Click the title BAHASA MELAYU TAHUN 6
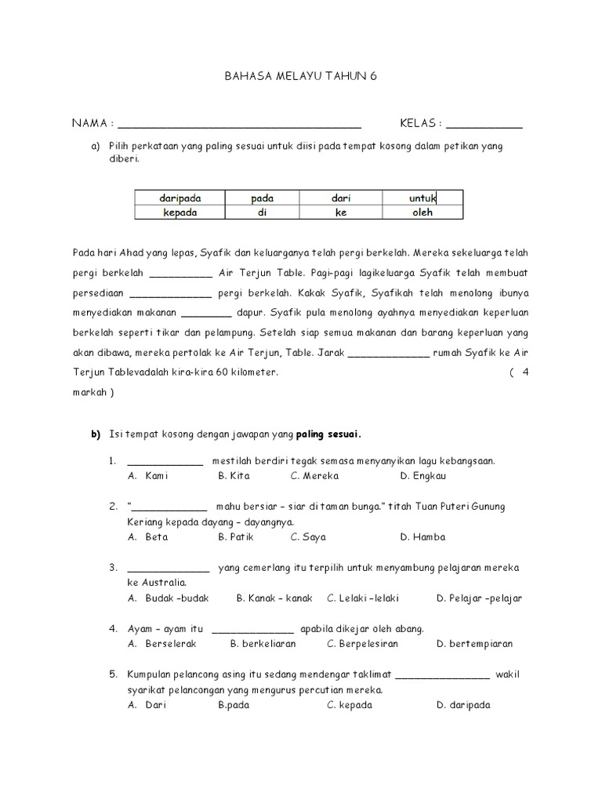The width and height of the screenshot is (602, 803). point(301,77)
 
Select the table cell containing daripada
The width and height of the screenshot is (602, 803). point(180,198)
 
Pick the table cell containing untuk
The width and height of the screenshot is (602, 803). point(422,198)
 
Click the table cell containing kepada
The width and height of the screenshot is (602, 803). point(180,212)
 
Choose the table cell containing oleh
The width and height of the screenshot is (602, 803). point(422,212)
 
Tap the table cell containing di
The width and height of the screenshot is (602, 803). point(263,212)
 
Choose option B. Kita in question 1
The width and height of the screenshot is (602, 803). point(234,475)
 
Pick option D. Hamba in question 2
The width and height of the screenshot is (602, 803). point(422,537)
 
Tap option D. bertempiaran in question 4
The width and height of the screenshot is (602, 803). point(475,643)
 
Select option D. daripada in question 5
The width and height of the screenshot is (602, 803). point(463,704)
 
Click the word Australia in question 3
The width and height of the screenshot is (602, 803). point(162,583)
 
